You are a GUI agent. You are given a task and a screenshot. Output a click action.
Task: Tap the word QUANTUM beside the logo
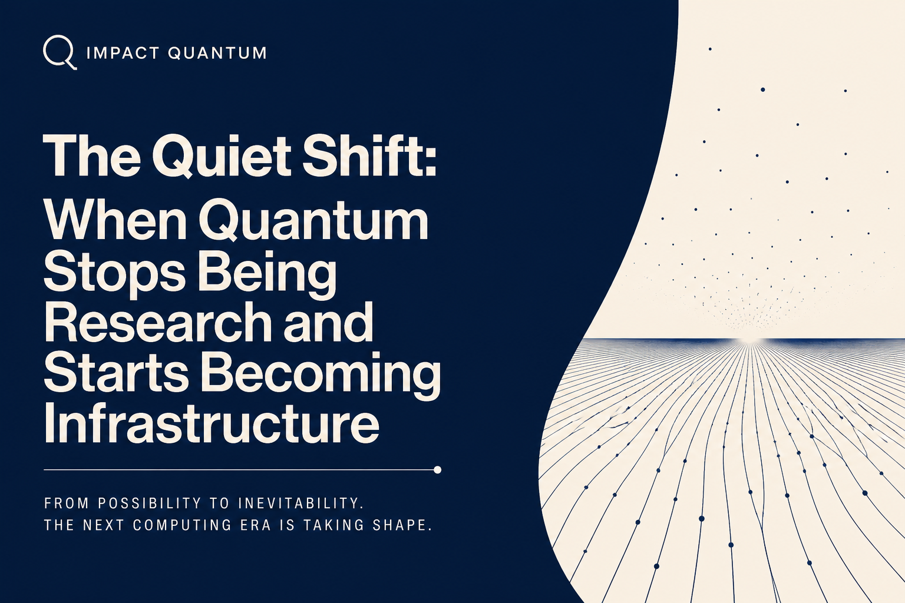[x=217, y=53]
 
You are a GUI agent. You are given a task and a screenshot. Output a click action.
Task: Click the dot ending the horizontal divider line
[x=437, y=470]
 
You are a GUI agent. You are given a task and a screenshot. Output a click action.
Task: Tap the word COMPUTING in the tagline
[x=182, y=525]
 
